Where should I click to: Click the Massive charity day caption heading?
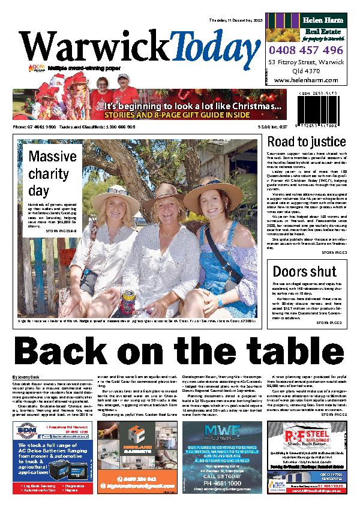click(50, 174)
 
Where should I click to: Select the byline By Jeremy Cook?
click(28, 376)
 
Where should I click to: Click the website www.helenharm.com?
click(306, 80)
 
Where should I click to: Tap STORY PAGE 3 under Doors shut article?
click(328, 322)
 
